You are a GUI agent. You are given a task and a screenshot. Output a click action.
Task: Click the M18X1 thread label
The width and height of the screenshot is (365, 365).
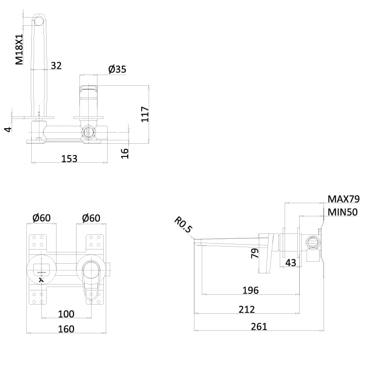click(x=19, y=50)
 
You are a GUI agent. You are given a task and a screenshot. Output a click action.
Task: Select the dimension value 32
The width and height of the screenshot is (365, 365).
click(x=56, y=65)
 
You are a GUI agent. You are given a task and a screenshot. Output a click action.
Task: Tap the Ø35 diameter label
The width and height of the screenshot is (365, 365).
click(x=117, y=70)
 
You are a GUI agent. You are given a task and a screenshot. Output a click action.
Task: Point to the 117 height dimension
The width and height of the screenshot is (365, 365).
click(x=145, y=114)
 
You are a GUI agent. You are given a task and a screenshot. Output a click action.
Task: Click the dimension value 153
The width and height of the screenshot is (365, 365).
click(x=69, y=159)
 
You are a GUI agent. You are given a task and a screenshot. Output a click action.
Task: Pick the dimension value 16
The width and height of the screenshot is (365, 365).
click(x=125, y=152)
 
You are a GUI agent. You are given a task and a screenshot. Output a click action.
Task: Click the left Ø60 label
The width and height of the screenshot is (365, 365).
click(x=42, y=218)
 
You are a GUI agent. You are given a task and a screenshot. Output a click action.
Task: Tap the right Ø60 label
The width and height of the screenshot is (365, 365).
click(x=91, y=218)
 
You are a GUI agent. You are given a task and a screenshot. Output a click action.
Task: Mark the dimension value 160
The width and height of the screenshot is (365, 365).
click(x=66, y=329)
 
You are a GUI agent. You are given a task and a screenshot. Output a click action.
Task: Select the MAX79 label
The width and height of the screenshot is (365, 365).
click(x=343, y=199)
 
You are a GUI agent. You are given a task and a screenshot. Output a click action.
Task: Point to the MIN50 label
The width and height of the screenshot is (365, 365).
click(x=342, y=212)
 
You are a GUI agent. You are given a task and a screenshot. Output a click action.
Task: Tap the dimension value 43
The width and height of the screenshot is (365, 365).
click(x=290, y=262)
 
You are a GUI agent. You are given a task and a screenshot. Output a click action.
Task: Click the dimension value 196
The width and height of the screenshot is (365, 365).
click(x=250, y=290)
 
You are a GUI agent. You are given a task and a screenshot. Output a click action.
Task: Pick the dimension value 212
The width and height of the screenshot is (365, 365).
click(x=247, y=309)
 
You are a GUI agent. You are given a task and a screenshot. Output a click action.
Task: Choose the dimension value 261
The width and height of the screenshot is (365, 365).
click(x=259, y=327)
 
